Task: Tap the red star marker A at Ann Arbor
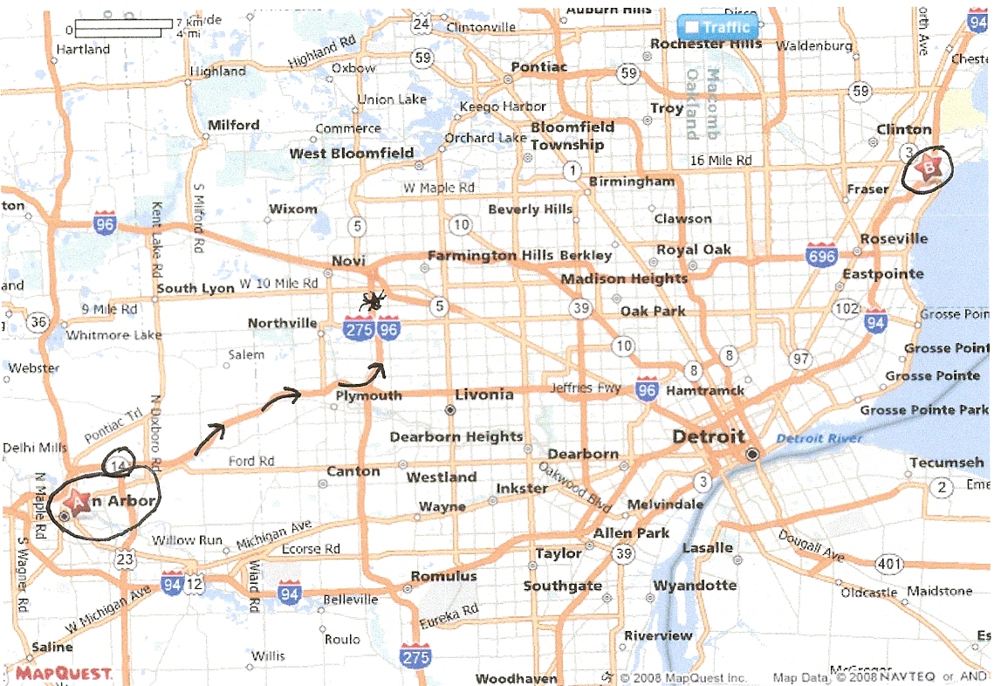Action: tap(77, 502)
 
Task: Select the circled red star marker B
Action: tap(929, 167)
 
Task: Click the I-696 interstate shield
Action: tap(822, 256)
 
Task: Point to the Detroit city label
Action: tap(709, 436)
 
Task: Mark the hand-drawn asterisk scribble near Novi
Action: tap(374, 302)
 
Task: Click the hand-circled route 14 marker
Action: tap(119, 464)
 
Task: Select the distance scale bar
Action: tap(119, 27)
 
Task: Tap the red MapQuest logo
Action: tap(63, 673)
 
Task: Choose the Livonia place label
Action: tap(483, 394)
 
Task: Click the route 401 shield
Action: tap(888, 565)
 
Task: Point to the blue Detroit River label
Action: tap(819, 438)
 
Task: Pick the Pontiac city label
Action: tap(538, 67)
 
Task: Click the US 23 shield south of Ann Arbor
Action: tap(126, 559)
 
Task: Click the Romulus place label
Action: tap(444, 576)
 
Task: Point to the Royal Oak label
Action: tap(695, 250)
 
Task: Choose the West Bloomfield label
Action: tap(352, 154)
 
